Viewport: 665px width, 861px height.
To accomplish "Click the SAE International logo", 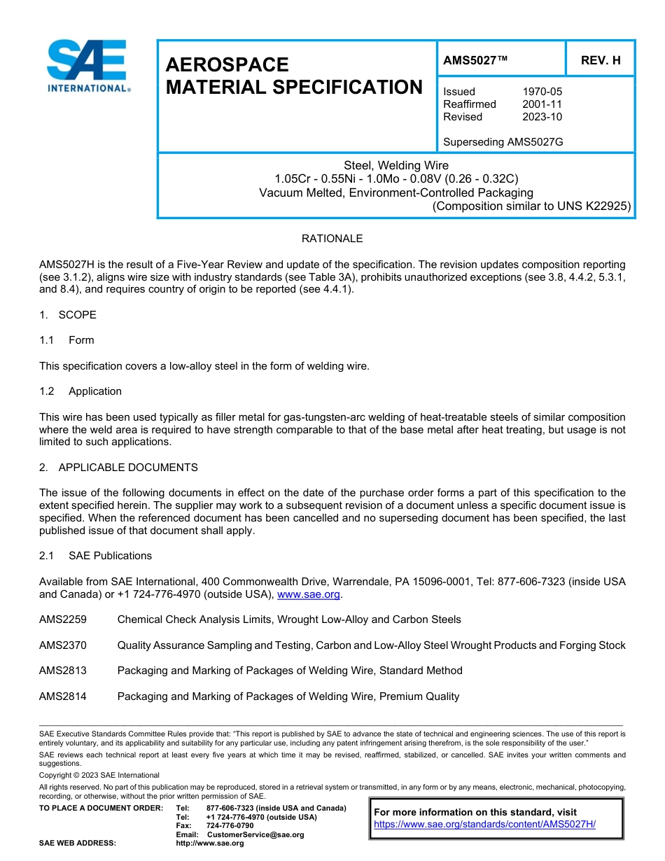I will click(87, 66).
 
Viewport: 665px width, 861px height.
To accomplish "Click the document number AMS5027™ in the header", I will click(475, 61).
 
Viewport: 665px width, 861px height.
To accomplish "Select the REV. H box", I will click(601, 61).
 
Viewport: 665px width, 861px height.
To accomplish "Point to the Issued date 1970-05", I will click(542, 92).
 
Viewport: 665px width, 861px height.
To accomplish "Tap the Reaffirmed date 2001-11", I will click(542, 104).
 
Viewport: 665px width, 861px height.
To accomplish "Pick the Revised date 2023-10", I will click(542, 117).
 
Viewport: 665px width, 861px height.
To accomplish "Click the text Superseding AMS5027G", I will click(503, 142).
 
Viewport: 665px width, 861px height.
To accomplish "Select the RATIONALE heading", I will click(332, 239).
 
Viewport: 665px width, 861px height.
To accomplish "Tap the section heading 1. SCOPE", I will click(68, 315).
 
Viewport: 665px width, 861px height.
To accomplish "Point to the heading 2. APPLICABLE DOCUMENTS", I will click(118, 468).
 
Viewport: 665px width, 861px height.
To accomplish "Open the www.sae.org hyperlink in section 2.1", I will click(309, 594).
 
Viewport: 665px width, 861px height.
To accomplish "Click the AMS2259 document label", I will click(63, 619).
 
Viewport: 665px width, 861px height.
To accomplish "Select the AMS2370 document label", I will click(63, 645).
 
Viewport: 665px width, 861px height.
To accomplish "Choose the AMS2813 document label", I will click(63, 671).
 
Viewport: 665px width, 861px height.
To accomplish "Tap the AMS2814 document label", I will click(63, 696).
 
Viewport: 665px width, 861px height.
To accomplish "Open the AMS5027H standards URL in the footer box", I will click(484, 825).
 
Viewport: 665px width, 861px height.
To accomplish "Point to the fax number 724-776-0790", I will click(230, 826).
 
